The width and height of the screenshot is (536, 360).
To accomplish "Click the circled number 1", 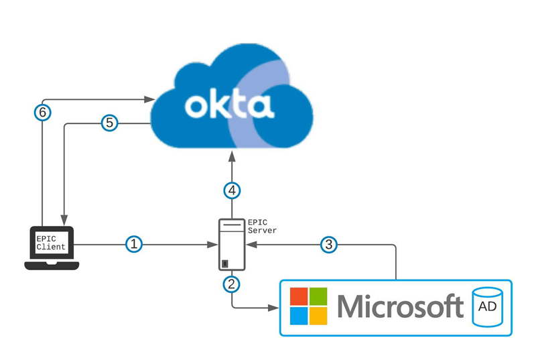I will pyautogui.click(x=135, y=244).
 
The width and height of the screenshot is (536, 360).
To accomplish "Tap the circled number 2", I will pyautogui.click(x=232, y=284).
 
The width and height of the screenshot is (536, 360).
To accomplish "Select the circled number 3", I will pyautogui.click(x=328, y=244).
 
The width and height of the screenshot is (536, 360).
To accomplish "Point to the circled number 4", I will pyautogui.click(x=232, y=191).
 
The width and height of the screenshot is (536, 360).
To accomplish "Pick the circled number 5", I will pyautogui.click(x=109, y=123).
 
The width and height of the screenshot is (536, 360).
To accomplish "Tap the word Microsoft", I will pyautogui.click(x=400, y=307).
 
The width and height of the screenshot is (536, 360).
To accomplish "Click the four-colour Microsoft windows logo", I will pyautogui.click(x=308, y=307).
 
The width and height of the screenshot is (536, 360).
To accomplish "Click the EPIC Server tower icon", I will pyautogui.click(x=231, y=245).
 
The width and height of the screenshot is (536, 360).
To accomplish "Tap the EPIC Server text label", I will pyautogui.click(x=261, y=225).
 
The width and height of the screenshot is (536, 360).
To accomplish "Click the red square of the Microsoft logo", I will pyautogui.click(x=298, y=297).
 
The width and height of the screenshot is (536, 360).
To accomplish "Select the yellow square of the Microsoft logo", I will pyautogui.click(x=318, y=316).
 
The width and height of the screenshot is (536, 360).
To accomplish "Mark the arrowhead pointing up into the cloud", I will pyautogui.click(x=232, y=156).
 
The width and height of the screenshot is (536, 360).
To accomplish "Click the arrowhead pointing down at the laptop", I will pyautogui.click(x=64, y=219).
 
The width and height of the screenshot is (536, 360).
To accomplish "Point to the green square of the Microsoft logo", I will pyautogui.click(x=318, y=297).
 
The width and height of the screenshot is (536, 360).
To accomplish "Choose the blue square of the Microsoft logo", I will pyautogui.click(x=298, y=316).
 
